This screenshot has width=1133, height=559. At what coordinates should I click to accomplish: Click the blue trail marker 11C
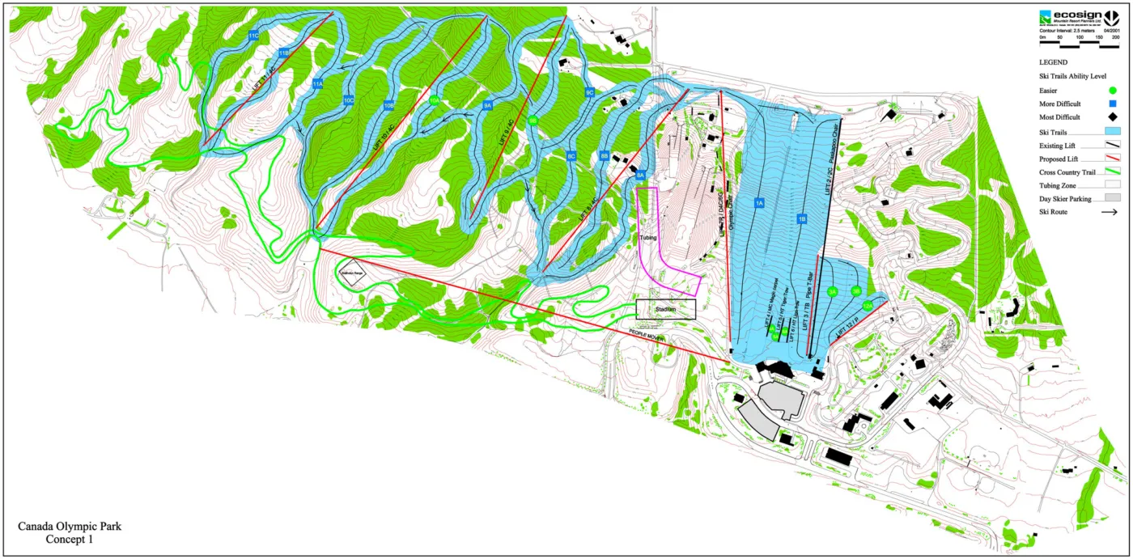point(253,36)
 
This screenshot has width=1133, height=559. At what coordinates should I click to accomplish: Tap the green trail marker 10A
point(435,100)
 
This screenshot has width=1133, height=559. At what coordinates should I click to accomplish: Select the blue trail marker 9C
point(590,93)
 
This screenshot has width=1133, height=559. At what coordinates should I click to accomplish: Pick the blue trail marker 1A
point(759,203)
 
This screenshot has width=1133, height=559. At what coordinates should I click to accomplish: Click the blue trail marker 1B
point(802,218)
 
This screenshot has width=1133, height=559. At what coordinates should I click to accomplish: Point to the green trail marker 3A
point(832,292)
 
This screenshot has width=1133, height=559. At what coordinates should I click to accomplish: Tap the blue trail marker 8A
point(640,175)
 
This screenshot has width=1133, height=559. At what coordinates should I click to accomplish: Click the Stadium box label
point(665,309)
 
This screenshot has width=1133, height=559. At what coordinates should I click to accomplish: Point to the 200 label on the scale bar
point(1115,37)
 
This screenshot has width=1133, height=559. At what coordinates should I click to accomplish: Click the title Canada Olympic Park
point(70,527)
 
